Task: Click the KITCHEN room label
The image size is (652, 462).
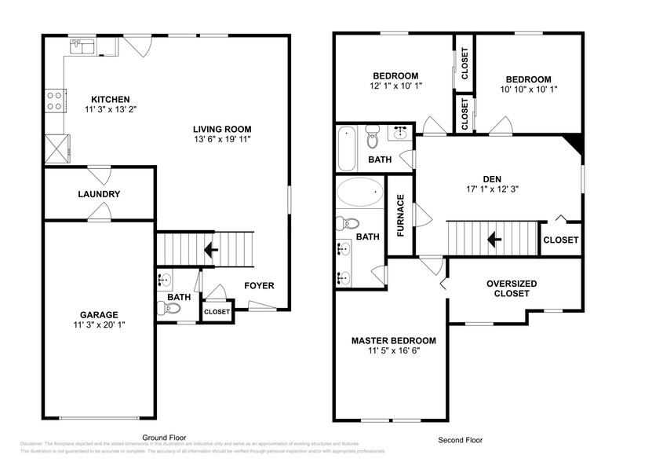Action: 110,99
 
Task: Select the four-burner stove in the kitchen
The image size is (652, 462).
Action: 55,100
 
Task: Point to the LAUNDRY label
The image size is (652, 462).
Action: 98,194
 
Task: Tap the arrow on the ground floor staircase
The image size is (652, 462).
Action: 209,251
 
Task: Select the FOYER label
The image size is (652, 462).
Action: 259,285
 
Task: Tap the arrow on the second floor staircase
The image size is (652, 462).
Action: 494,238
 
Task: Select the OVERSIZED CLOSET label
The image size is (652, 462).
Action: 512,288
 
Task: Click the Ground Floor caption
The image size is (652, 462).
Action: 163,437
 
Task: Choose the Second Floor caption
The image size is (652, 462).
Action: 461,441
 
